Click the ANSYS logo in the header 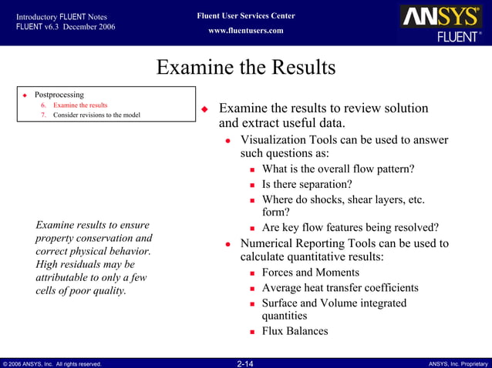point(440,18)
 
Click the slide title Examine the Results point(246,68)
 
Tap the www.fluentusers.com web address point(246,31)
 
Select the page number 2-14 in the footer point(245,363)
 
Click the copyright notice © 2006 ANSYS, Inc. point(52,363)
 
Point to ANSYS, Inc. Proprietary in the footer point(458,363)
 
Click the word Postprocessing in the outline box point(59,95)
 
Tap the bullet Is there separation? point(307,184)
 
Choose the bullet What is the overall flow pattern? point(338,169)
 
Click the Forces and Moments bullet point(310,273)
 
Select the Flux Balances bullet point(295,331)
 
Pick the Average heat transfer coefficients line point(340,288)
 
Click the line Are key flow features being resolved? point(350,227)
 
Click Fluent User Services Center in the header point(246,16)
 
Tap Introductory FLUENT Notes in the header point(61,16)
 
